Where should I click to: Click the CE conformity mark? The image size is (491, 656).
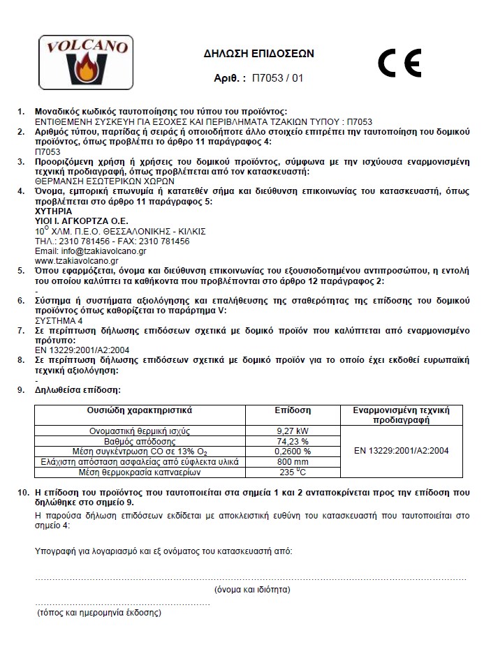coord(399,64)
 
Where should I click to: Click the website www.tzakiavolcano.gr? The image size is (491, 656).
coord(75,260)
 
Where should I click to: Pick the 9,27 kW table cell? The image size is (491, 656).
coord(293,431)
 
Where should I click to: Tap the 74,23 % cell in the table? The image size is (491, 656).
coord(293,441)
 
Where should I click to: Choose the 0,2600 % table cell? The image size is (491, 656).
coord(293,452)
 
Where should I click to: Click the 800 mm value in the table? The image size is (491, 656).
coord(293,462)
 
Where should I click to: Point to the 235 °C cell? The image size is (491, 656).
coord(293,472)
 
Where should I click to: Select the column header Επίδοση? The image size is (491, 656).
coord(293,410)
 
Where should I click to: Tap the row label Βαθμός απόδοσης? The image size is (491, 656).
coord(140,441)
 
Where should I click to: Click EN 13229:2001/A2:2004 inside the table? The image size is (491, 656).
coord(401,451)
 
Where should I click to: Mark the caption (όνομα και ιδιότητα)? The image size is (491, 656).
coord(252,589)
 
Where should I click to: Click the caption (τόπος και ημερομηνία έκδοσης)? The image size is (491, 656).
coord(99,613)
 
